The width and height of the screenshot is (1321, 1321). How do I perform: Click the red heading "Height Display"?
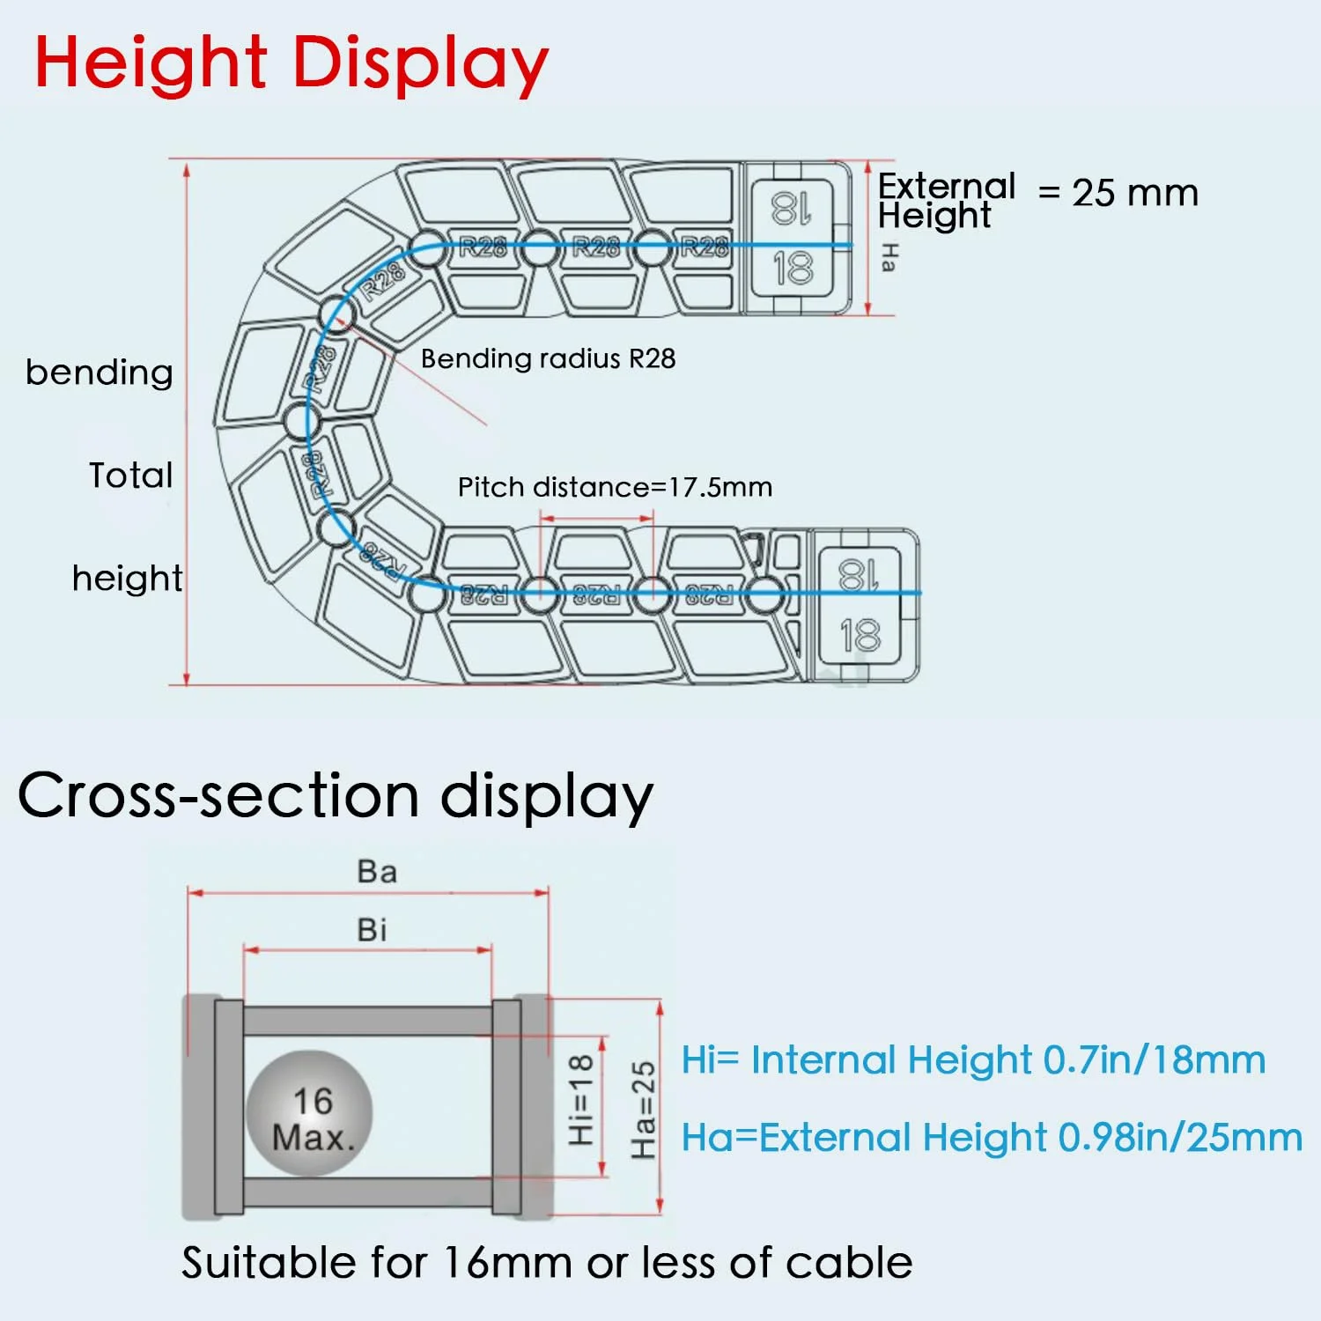click(292, 63)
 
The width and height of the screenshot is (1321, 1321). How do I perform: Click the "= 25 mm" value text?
click(1118, 193)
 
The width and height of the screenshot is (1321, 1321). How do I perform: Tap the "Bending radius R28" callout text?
click(548, 358)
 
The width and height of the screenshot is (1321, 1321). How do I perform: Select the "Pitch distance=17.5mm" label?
click(615, 487)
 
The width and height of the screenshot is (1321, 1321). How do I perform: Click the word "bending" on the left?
click(99, 372)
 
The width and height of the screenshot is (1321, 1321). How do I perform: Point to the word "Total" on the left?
click(131, 476)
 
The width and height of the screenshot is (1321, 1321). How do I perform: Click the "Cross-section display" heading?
click(336, 796)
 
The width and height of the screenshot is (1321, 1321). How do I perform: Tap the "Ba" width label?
click(377, 872)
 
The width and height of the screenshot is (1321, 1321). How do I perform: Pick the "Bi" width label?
click(372, 930)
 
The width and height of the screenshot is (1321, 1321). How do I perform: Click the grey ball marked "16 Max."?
click(310, 1113)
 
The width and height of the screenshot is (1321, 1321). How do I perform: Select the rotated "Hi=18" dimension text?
click(581, 1101)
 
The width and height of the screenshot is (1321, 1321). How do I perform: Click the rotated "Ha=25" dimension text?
click(644, 1111)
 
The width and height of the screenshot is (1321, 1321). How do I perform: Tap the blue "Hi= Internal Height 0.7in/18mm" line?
click(974, 1059)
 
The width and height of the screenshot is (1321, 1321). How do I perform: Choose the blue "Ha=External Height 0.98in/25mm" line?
click(993, 1137)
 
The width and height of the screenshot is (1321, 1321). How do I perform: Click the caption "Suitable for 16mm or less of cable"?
click(547, 1263)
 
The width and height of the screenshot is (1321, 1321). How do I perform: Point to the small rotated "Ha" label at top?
click(889, 258)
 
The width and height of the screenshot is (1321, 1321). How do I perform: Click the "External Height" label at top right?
click(947, 201)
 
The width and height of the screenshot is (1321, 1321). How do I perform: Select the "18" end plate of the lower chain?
click(860, 606)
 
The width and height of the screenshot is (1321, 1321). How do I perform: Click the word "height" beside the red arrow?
click(128, 579)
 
